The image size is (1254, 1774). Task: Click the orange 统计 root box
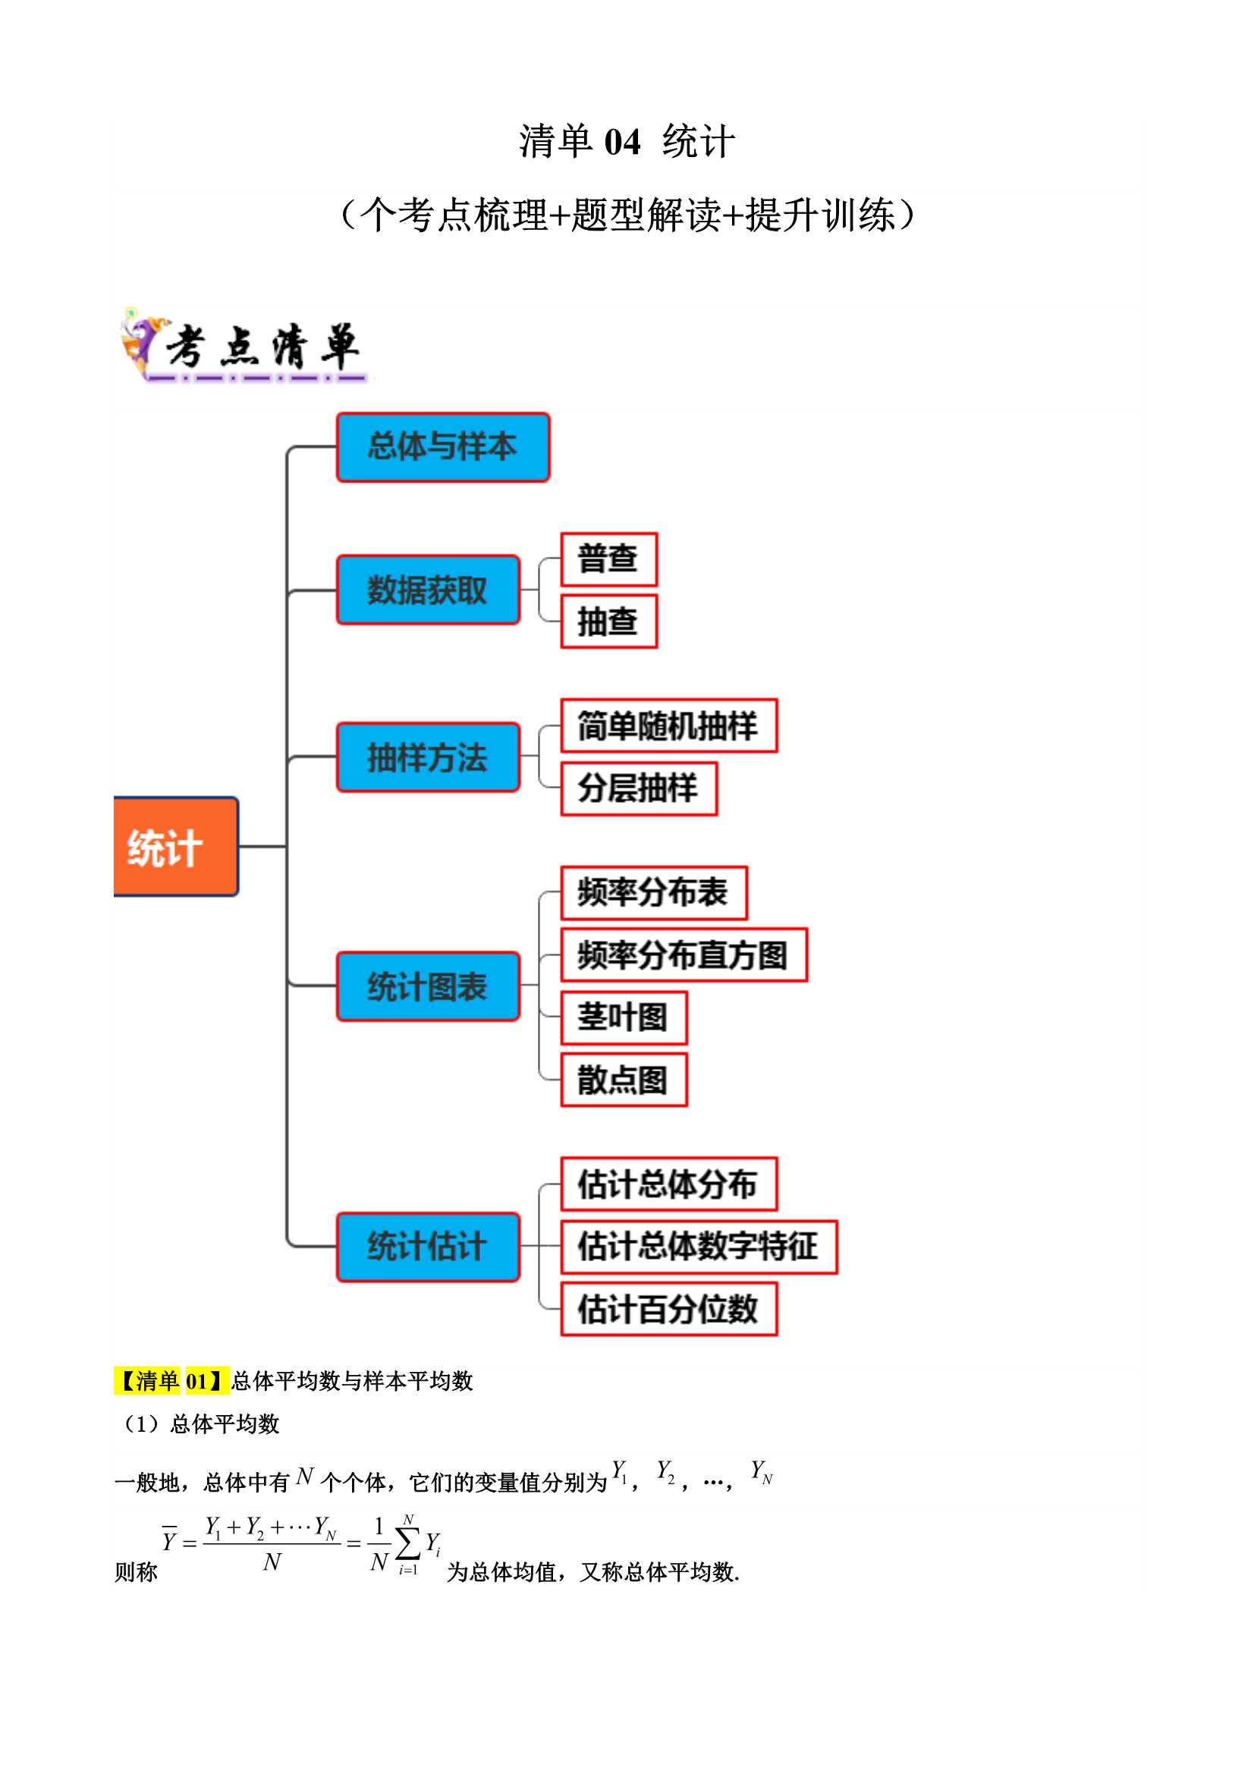(x=175, y=846)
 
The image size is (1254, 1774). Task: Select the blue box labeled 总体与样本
(x=443, y=448)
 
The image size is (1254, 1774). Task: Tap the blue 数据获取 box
(x=428, y=590)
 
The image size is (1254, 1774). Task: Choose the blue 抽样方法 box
(x=428, y=757)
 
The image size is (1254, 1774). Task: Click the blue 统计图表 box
(x=428, y=986)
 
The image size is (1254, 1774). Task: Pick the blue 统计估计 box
(x=428, y=1247)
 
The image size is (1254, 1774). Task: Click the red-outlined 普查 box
(x=609, y=558)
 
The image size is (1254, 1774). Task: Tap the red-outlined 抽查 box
(x=609, y=621)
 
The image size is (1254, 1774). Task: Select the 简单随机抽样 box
(x=669, y=725)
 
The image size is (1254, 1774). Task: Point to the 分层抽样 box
(x=639, y=788)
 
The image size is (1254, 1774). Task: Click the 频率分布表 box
(x=654, y=892)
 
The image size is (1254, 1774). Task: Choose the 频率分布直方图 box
(x=684, y=955)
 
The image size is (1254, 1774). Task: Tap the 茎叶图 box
(x=624, y=1018)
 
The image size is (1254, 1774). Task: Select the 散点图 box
(x=624, y=1080)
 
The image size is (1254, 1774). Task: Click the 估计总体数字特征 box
(x=699, y=1247)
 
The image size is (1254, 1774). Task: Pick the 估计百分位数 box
(x=669, y=1309)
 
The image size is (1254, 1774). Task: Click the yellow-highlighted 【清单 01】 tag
(x=171, y=1380)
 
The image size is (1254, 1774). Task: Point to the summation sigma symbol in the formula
(x=408, y=1543)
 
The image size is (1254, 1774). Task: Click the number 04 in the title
(x=622, y=142)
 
